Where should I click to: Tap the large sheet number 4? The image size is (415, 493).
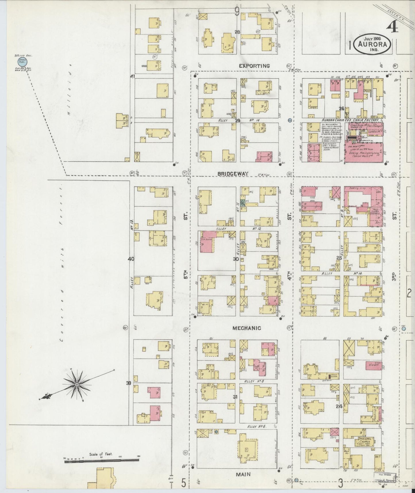tap(392, 29)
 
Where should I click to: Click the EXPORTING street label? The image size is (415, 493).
tap(255, 66)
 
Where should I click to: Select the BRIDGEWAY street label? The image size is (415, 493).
tap(233, 174)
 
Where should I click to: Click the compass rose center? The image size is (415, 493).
tap(77, 385)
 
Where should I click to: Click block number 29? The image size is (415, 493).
tap(237, 121)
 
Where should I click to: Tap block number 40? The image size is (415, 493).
tap(131, 259)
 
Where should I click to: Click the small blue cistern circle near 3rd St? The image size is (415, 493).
tap(404, 328)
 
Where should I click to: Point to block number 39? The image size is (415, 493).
tap(129, 383)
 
